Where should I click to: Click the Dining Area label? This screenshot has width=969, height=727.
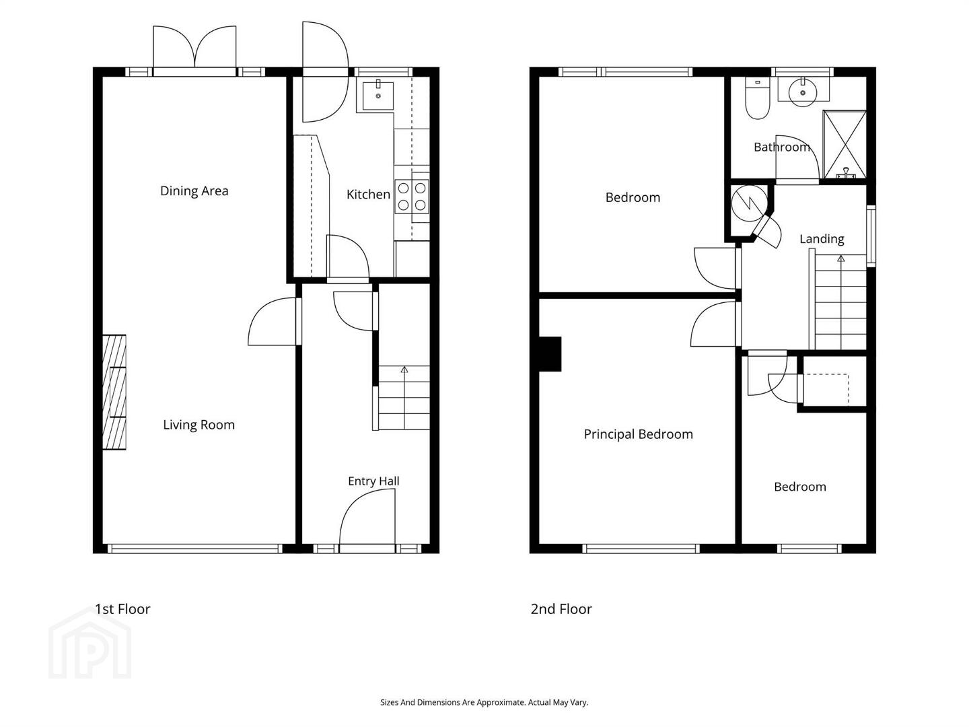[194, 191]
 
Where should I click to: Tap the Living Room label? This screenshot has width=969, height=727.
[199, 425]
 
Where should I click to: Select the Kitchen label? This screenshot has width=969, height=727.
[368, 195]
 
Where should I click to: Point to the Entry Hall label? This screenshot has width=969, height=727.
[373, 481]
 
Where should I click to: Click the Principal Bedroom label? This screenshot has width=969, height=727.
[638, 434]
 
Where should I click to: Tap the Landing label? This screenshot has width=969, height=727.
[822, 239]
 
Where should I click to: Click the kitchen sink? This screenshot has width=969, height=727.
[378, 96]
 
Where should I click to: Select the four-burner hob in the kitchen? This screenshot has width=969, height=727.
[411, 197]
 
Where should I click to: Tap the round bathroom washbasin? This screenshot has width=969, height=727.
[803, 93]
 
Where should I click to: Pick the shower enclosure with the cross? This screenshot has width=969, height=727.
[844, 145]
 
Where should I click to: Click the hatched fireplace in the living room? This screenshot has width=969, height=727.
[114, 392]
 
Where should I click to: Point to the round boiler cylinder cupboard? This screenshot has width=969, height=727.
[749, 203]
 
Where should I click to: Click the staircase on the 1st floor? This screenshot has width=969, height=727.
[404, 397]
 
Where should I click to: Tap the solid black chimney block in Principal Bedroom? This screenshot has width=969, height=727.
[550, 354]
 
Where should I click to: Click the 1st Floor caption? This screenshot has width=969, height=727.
[122, 609]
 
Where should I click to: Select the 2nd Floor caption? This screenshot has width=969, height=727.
[561, 609]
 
